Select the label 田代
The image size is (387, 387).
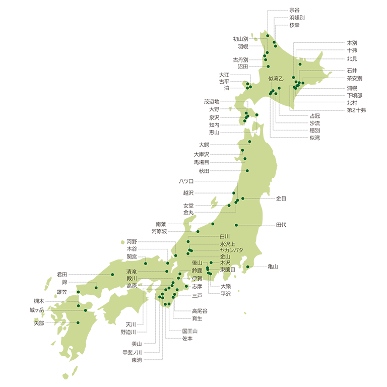[281, 225]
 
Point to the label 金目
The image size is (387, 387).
[281, 199]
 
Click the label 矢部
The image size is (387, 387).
[38, 323]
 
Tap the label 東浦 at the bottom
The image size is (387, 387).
[136, 360]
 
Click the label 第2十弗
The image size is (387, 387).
[356, 109]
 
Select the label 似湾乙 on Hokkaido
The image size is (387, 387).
[277, 78]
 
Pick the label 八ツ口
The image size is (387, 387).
[186, 181]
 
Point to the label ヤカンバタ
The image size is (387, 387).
[231, 250]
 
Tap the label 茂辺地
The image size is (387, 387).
[211, 101]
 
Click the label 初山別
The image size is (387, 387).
[240, 39]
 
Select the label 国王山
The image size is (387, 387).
[189, 331]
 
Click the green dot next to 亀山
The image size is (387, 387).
[247, 267]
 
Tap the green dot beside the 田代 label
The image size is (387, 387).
[236, 225]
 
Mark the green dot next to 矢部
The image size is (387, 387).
[78, 322]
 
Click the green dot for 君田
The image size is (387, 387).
[112, 275]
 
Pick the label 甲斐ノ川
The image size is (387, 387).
[132, 352]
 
